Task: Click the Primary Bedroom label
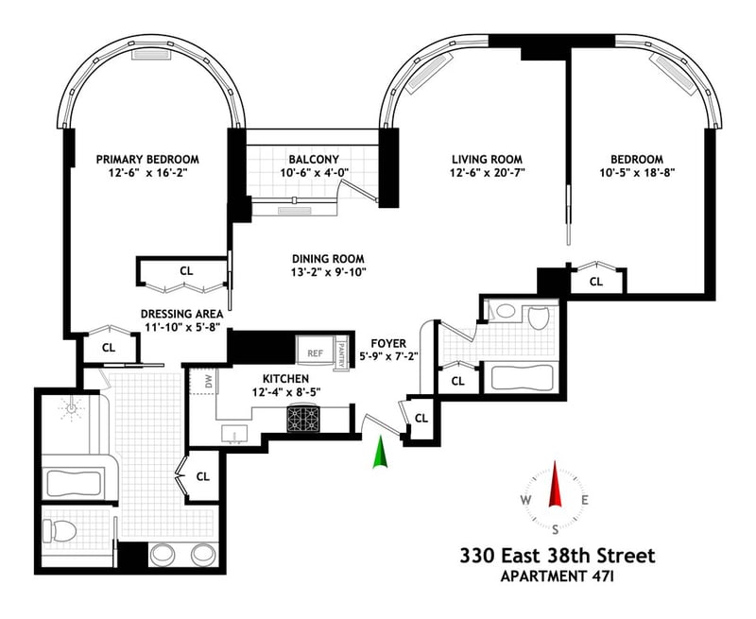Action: click(147, 159)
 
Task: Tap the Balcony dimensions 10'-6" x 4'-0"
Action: click(314, 173)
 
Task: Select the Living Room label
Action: click(487, 159)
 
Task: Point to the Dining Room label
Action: click(328, 259)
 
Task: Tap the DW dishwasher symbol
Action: click(209, 383)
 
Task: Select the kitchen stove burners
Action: click(303, 419)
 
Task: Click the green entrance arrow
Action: click(381, 452)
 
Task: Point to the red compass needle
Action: click(555, 484)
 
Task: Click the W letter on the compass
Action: click(525, 500)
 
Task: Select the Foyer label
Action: click(388, 344)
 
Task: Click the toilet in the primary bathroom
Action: click(60, 531)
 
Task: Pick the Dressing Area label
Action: click(182, 314)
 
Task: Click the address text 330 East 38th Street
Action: click(558, 556)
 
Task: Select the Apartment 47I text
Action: click(558, 576)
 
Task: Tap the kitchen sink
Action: click(234, 434)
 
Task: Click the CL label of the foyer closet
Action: click(421, 418)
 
